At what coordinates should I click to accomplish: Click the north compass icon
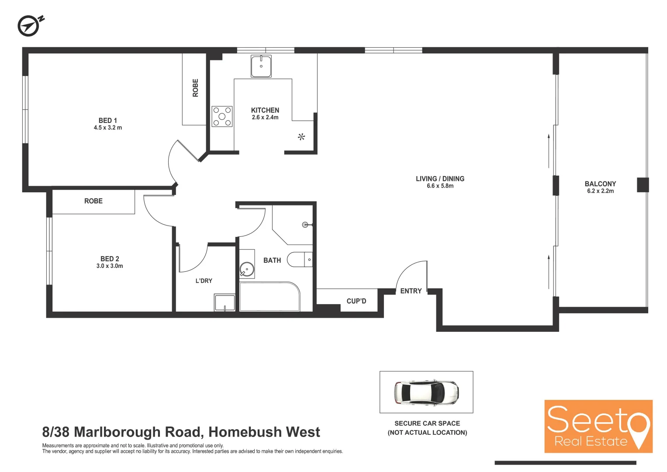[29, 26]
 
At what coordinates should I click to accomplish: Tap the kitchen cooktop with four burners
[222, 116]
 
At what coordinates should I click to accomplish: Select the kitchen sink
[261, 66]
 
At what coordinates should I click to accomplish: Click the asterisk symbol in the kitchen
[301, 137]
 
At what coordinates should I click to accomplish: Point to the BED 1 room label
[108, 121]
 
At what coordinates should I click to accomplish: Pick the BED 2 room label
[110, 259]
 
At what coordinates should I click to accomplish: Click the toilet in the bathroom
[300, 260]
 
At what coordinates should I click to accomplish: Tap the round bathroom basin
[247, 269]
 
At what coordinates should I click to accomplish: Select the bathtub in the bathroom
[269, 297]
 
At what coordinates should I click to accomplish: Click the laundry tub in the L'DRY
[225, 302]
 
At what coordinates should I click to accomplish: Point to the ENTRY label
[411, 291]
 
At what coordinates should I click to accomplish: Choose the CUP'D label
[356, 301]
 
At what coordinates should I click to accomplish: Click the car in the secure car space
[426, 392]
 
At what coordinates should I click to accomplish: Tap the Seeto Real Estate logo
[598, 426]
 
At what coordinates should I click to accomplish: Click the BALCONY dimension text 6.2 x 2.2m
[600, 191]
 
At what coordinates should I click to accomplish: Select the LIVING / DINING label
[440, 179]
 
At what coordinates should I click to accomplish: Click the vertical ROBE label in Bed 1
[195, 88]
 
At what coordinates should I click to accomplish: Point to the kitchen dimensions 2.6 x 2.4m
[265, 118]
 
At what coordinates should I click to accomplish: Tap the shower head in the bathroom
[305, 225]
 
